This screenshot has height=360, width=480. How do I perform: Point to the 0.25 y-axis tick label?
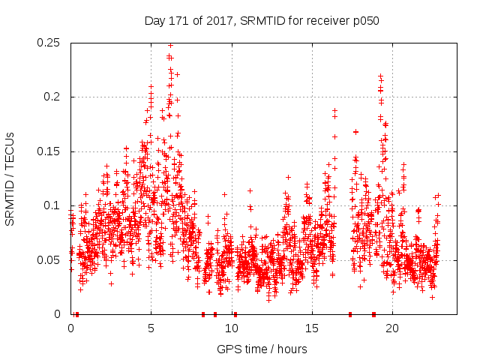click(x=49, y=43)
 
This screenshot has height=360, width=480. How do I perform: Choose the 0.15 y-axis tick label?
click(x=49, y=151)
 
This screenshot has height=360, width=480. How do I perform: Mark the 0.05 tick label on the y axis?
click(x=49, y=260)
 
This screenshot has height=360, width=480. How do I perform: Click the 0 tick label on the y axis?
click(x=59, y=314)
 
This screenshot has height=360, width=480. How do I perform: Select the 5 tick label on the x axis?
click(x=151, y=328)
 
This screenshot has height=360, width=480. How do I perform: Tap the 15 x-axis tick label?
click(x=311, y=328)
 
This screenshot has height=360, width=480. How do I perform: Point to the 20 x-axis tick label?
click(x=391, y=328)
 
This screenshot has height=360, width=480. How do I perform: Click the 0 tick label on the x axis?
click(x=70, y=328)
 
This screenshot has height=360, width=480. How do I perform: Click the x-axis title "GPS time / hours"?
click(x=262, y=349)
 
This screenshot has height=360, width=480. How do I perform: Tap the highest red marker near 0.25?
click(x=170, y=45)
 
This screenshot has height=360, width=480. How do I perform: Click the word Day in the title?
click(x=154, y=21)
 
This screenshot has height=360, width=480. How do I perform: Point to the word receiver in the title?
click(x=326, y=21)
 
